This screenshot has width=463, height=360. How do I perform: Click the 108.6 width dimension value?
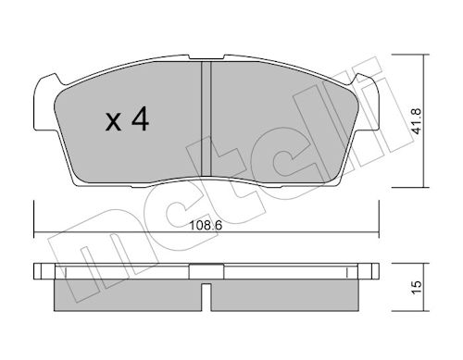click(x=206, y=226)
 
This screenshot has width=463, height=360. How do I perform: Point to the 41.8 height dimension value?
click(x=417, y=121)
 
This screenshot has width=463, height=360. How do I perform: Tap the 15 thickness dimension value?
click(x=417, y=288)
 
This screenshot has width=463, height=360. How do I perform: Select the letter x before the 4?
click(x=113, y=122)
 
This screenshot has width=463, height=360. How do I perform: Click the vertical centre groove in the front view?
click(x=206, y=118)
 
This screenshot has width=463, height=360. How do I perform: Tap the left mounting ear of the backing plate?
click(x=46, y=104)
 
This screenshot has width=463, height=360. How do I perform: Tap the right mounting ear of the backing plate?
click(x=367, y=104)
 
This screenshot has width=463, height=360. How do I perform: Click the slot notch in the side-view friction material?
click(x=206, y=297)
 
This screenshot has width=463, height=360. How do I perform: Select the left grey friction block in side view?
click(x=128, y=295)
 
